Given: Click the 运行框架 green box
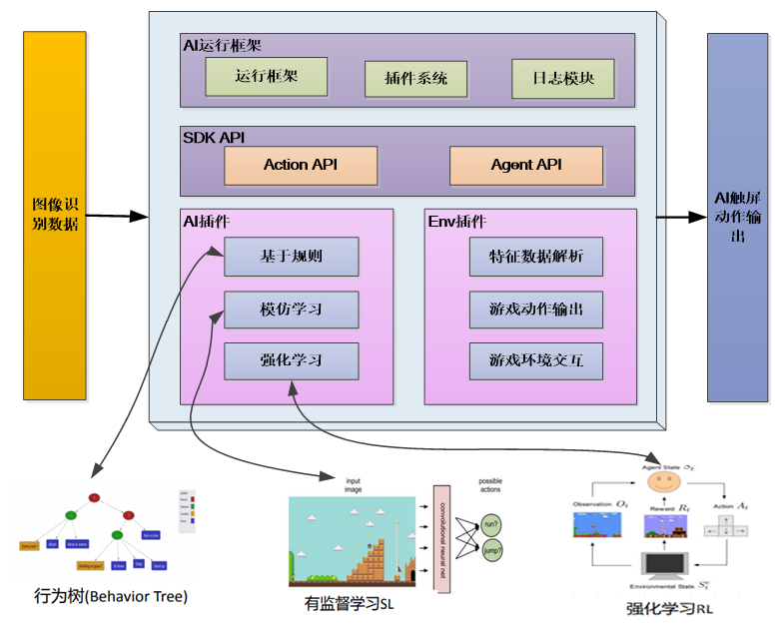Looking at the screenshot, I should (266, 76).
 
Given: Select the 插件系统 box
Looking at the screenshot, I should (415, 78).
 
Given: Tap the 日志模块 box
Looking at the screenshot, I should (562, 78).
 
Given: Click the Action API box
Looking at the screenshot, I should (301, 166).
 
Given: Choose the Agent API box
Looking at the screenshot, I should (526, 166).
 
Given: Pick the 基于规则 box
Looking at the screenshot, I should (291, 257).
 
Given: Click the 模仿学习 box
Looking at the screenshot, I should (291, 310).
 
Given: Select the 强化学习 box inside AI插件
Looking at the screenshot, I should (291, 360).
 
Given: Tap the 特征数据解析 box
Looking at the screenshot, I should (536, 257).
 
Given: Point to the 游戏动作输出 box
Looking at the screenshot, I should (536, 310).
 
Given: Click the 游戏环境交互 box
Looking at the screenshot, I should (536, 360).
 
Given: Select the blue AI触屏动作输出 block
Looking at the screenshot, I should (737, 217).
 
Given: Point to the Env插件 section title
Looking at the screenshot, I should (457, 221).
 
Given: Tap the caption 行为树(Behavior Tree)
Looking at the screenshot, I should (111, 596).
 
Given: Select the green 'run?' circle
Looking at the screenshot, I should (490, 523).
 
